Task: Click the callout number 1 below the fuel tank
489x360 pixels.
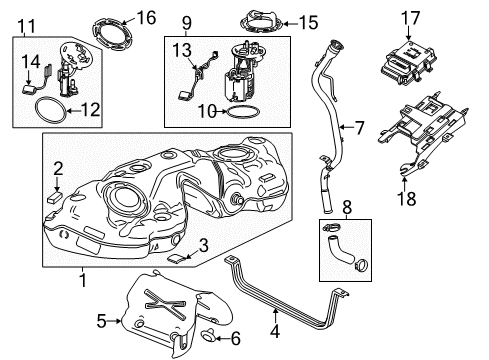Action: point(82,281)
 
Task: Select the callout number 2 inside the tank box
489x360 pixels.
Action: point(58,168)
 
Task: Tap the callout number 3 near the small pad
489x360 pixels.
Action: point(202,243)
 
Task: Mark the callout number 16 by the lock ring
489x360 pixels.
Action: point(146,17)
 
